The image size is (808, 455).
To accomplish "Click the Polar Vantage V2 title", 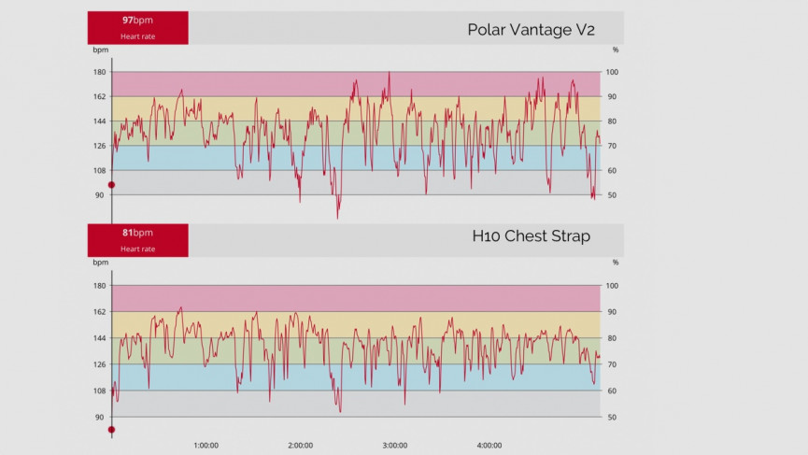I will [531, 29].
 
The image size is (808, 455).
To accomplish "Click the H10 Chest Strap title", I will [531, 236].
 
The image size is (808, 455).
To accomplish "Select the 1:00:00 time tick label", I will [206, 445].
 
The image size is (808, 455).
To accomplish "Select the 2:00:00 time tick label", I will [301, 445].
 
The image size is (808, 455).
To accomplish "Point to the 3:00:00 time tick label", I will [395, 445].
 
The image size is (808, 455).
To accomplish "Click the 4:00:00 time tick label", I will [489, 445].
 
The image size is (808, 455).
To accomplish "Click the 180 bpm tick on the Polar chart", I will [99, 72].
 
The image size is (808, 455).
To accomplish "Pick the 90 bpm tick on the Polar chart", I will [99, 195].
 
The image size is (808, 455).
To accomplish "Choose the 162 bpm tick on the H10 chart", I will [99, 312].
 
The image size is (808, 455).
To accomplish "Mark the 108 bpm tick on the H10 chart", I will [99, 391].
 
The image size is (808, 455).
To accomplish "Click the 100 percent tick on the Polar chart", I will [613, 72].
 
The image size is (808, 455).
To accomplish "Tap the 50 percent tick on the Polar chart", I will [613, 195].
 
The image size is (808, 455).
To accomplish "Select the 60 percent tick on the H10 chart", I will [613, 391].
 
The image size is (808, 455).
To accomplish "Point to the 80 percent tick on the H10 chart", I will [613, 338].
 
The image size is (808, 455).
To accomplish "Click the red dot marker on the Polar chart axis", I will [111, 185].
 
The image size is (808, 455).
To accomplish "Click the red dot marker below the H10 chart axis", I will [111, 430].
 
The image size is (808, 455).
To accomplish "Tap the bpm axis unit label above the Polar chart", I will [100, 50].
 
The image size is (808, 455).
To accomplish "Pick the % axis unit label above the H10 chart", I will [615, 263].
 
